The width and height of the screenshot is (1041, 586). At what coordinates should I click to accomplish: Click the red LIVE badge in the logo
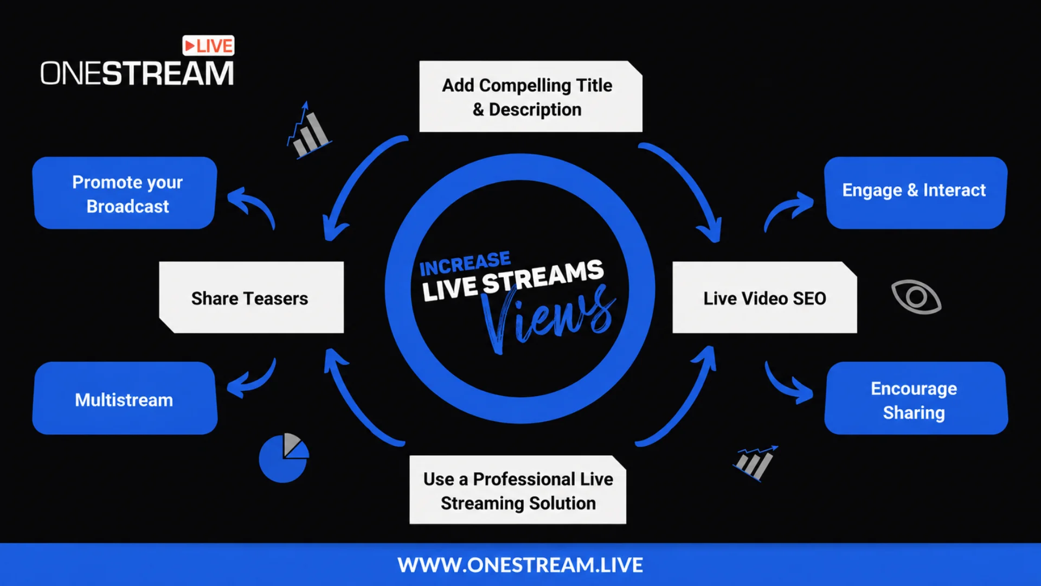point(208,46)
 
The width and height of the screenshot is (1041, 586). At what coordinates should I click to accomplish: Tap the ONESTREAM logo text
point(137,73)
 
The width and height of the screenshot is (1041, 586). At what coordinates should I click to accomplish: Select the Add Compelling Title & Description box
point(531,97)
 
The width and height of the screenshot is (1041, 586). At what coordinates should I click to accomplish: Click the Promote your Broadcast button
point(125,193)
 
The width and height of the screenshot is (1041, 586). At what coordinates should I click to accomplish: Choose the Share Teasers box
point(251,297)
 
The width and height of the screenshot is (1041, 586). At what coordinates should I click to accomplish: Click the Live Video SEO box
point(764,297)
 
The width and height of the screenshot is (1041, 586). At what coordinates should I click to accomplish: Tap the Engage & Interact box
point(916,193)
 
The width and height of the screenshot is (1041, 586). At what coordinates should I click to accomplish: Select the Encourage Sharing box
point(916,398)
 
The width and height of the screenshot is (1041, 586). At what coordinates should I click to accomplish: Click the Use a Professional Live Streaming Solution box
point(518,490)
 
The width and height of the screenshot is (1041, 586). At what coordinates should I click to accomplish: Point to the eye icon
point(916,297)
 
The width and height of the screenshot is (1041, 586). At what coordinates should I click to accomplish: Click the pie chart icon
point(284,458)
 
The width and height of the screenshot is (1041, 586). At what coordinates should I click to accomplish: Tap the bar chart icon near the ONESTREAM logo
point(309,130)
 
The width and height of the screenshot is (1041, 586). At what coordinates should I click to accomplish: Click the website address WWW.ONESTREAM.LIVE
point(520,565)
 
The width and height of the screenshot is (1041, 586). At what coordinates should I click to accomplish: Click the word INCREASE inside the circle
point(465,264)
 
